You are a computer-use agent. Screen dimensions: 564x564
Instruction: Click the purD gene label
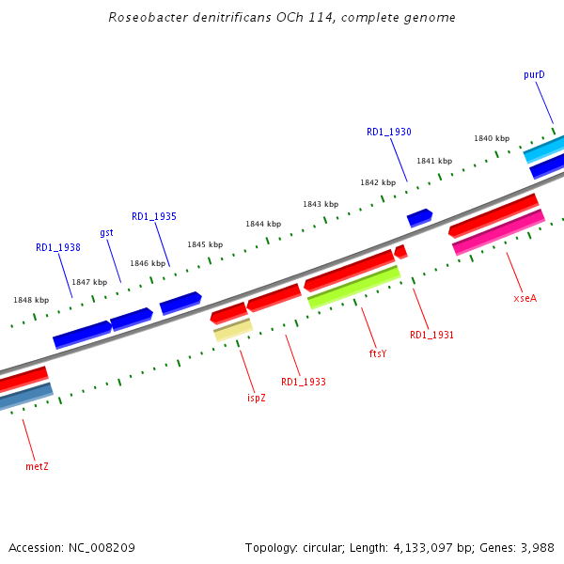(x=534, y=74)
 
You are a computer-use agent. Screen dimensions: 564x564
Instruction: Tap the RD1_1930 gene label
(x=388, y=133)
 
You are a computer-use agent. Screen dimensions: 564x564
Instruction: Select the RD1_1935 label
(x=153, y=216)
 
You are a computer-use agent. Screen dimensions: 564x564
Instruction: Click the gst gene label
(x=106, y=232)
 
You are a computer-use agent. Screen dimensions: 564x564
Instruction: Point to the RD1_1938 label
(x=57, y=248)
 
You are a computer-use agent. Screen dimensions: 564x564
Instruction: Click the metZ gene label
(x=37, y=465)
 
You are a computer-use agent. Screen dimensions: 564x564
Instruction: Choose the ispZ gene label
(x=256, y=398)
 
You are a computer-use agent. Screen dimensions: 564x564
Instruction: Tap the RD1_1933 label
(x=303, y=382)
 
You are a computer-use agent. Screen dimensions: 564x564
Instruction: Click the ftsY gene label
(x=378, y=353)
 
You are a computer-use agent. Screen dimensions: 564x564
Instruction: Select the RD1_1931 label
(x=431, y=335)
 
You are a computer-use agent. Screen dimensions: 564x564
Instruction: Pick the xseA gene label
(x=525, y=298)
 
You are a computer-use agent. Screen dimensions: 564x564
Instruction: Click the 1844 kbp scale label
(x=263, y=224)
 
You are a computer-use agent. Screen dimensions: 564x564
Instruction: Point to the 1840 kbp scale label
(x=491, y=138)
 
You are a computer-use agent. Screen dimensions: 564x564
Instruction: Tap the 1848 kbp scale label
(x=30, y=300)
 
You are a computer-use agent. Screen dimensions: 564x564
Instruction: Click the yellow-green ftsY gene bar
(x=353, y=287)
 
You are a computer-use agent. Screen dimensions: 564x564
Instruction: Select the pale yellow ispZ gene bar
(x=232, y=329)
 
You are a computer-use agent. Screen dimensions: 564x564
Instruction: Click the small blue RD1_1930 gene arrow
(x=419, y=218)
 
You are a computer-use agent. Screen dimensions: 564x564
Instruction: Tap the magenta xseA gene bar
(x=498, y=232)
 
